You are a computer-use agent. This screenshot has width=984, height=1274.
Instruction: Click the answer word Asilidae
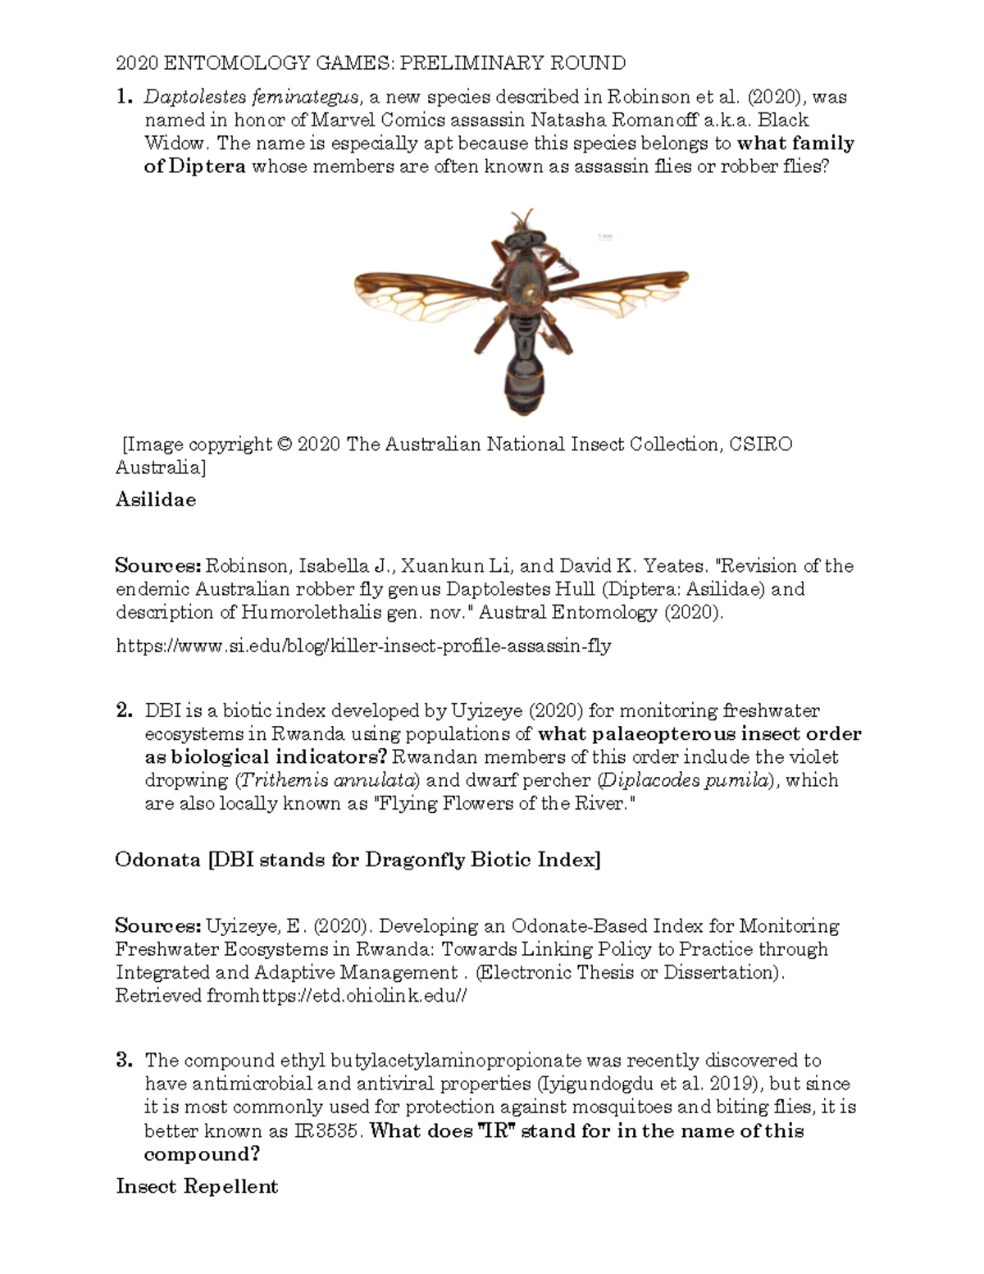pos(156,500)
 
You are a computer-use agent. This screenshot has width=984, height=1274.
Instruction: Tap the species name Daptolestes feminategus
pos(251,97)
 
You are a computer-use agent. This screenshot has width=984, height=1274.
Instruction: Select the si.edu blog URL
pos(363,646)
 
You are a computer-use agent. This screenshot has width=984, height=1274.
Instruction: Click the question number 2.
pos(124,710)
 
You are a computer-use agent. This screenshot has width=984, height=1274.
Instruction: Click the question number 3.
pos(124,1061)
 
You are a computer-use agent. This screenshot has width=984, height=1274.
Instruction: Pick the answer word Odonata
pos(157,860)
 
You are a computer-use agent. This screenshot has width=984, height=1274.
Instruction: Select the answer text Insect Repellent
pos(197,1186)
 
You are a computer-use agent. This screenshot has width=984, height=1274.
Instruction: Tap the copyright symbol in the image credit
pos(285,445)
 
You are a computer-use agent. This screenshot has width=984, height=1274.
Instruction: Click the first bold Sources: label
pos(157,566)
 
